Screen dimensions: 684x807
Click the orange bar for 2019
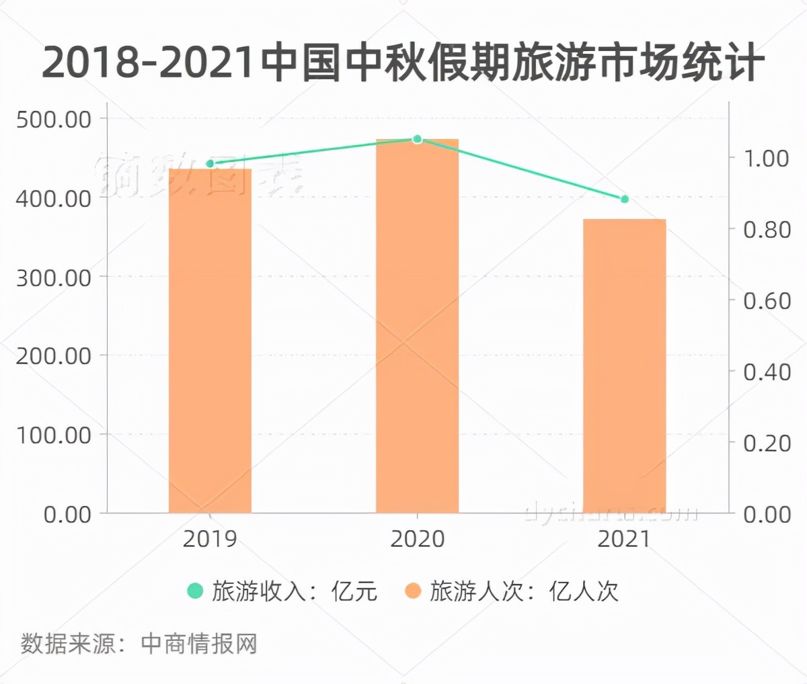pyautogui.click(x=210, y=341)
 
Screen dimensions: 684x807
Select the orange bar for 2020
pyautogui.click(x=417, y=326)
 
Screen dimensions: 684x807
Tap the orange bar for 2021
pyautogui.click(x=624, y=366)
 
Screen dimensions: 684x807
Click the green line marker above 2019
pyautogui.click(x=210, y=163)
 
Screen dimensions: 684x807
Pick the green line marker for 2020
pyautogui.click(x=417, y=139)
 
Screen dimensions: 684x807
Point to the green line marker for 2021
pyautogui.click(x=624, y=199)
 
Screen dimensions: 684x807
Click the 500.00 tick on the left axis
pyautogui.click(x=53, y=120)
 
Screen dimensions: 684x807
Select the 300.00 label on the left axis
pyautogui.click(x=53, y=277)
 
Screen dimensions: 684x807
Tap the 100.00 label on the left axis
pyautogui.click(x=53, y=435)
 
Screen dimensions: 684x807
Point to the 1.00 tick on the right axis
pyautogui.click(x=766, y=159)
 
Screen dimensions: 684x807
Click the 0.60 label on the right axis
pyautogui.click(x=766, y=301)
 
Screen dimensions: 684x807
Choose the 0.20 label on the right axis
pyautogui.click(x=766, y=443)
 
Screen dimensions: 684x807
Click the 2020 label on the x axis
pyautogui.click(x=417, y=539)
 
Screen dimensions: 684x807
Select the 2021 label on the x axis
pyautogui.click(x=624, y=539)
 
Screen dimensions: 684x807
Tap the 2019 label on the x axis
pyautogui.click(x=210, y=539)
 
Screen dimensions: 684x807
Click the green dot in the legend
pyautogui.click(x=195, y=591)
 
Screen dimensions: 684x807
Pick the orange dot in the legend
pyautogui.click(x=413, y=591)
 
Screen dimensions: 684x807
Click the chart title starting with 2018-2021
pyautogui.click(x=403, y=62)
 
